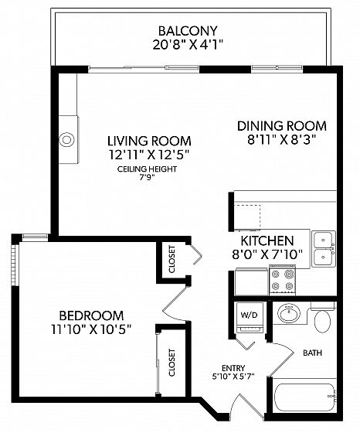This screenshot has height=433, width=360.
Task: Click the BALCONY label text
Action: pyautogui.click(x=188, y=31)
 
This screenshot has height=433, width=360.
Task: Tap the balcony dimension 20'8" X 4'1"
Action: pyautogui.click(x=188, y=45)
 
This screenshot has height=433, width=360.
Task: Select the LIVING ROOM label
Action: pyautogui.click(x=149, y=141)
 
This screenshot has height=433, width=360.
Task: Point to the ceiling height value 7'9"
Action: pyautogui.click(x=147, y=177)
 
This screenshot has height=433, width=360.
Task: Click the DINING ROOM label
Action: pyautogui.click(x=282, y=126)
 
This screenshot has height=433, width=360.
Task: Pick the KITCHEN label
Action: pyautogui.click(x=267, y=240)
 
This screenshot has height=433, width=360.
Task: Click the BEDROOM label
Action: pyautogui.click(x=92, y=315)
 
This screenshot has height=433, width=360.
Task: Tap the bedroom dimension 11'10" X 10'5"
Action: pyautogui.click(x=91, y=329)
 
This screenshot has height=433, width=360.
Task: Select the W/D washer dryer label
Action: pyautogui.click(x=249, y=315)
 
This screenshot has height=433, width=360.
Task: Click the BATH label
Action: pyautogui.click(x=313, y=353)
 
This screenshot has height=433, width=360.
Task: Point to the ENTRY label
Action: pyautogui.click(x=233, y=368)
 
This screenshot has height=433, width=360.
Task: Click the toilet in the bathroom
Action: pyautogui.click(x=322, y=319)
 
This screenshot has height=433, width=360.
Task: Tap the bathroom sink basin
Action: pyautogui.click(x=289, y=313)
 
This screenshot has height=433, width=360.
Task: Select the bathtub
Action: pyautogui.click(x=305, y=397)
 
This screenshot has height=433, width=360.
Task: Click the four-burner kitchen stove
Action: pyautogui.click(x=283, y=280)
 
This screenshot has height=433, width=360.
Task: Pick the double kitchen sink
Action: pyautogui.click(x=324, y=249)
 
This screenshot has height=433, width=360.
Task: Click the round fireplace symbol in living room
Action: pyautogui.click(x=66, y=139)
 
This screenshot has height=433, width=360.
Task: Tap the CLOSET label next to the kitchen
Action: pyautogui.click(x=172, y=259)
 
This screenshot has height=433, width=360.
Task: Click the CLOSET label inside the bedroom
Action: pyautogui.click(x=172, y=363)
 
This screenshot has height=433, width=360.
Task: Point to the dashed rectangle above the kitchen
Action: pyautogui.click(x=247, y=217)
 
